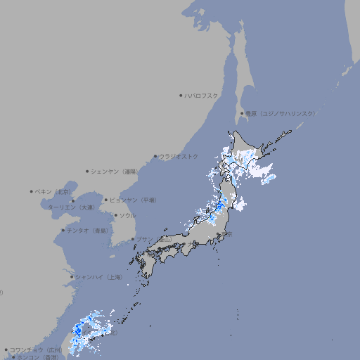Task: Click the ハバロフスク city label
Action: tap(202, 95)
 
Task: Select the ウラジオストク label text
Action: tap(179, 156)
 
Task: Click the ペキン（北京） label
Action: tap(53, 191)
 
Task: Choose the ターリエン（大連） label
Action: tap(70, 207)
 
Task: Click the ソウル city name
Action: tap(127, 215)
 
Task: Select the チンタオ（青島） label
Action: tap(88, 230)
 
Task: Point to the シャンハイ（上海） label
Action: tap(99, 277)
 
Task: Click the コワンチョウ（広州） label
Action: tap(36, 349)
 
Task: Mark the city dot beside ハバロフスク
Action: tap(181, 95)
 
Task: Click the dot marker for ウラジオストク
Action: tap(155, 156)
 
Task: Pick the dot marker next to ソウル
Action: tap(115, 215)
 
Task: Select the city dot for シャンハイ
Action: tap(72, 277)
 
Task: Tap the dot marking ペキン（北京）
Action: tap(32, 191)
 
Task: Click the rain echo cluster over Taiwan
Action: tap(88, 330)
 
